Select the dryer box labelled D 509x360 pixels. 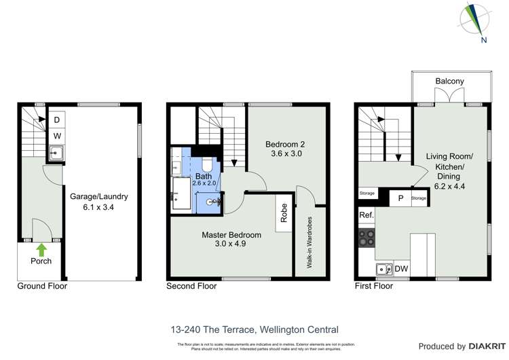click(x=57, y=120)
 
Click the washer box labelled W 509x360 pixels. click(x=57, y=136)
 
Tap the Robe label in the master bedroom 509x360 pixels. click(x=284, y=215)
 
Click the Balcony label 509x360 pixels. click(x=449, y=82)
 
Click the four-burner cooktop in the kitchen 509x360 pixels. click(x=367, y=238)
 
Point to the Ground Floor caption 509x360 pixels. click(x=42, y=287)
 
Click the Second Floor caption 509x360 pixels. click(x=191, y=287)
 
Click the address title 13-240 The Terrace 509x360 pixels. click(x=254, y=330)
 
